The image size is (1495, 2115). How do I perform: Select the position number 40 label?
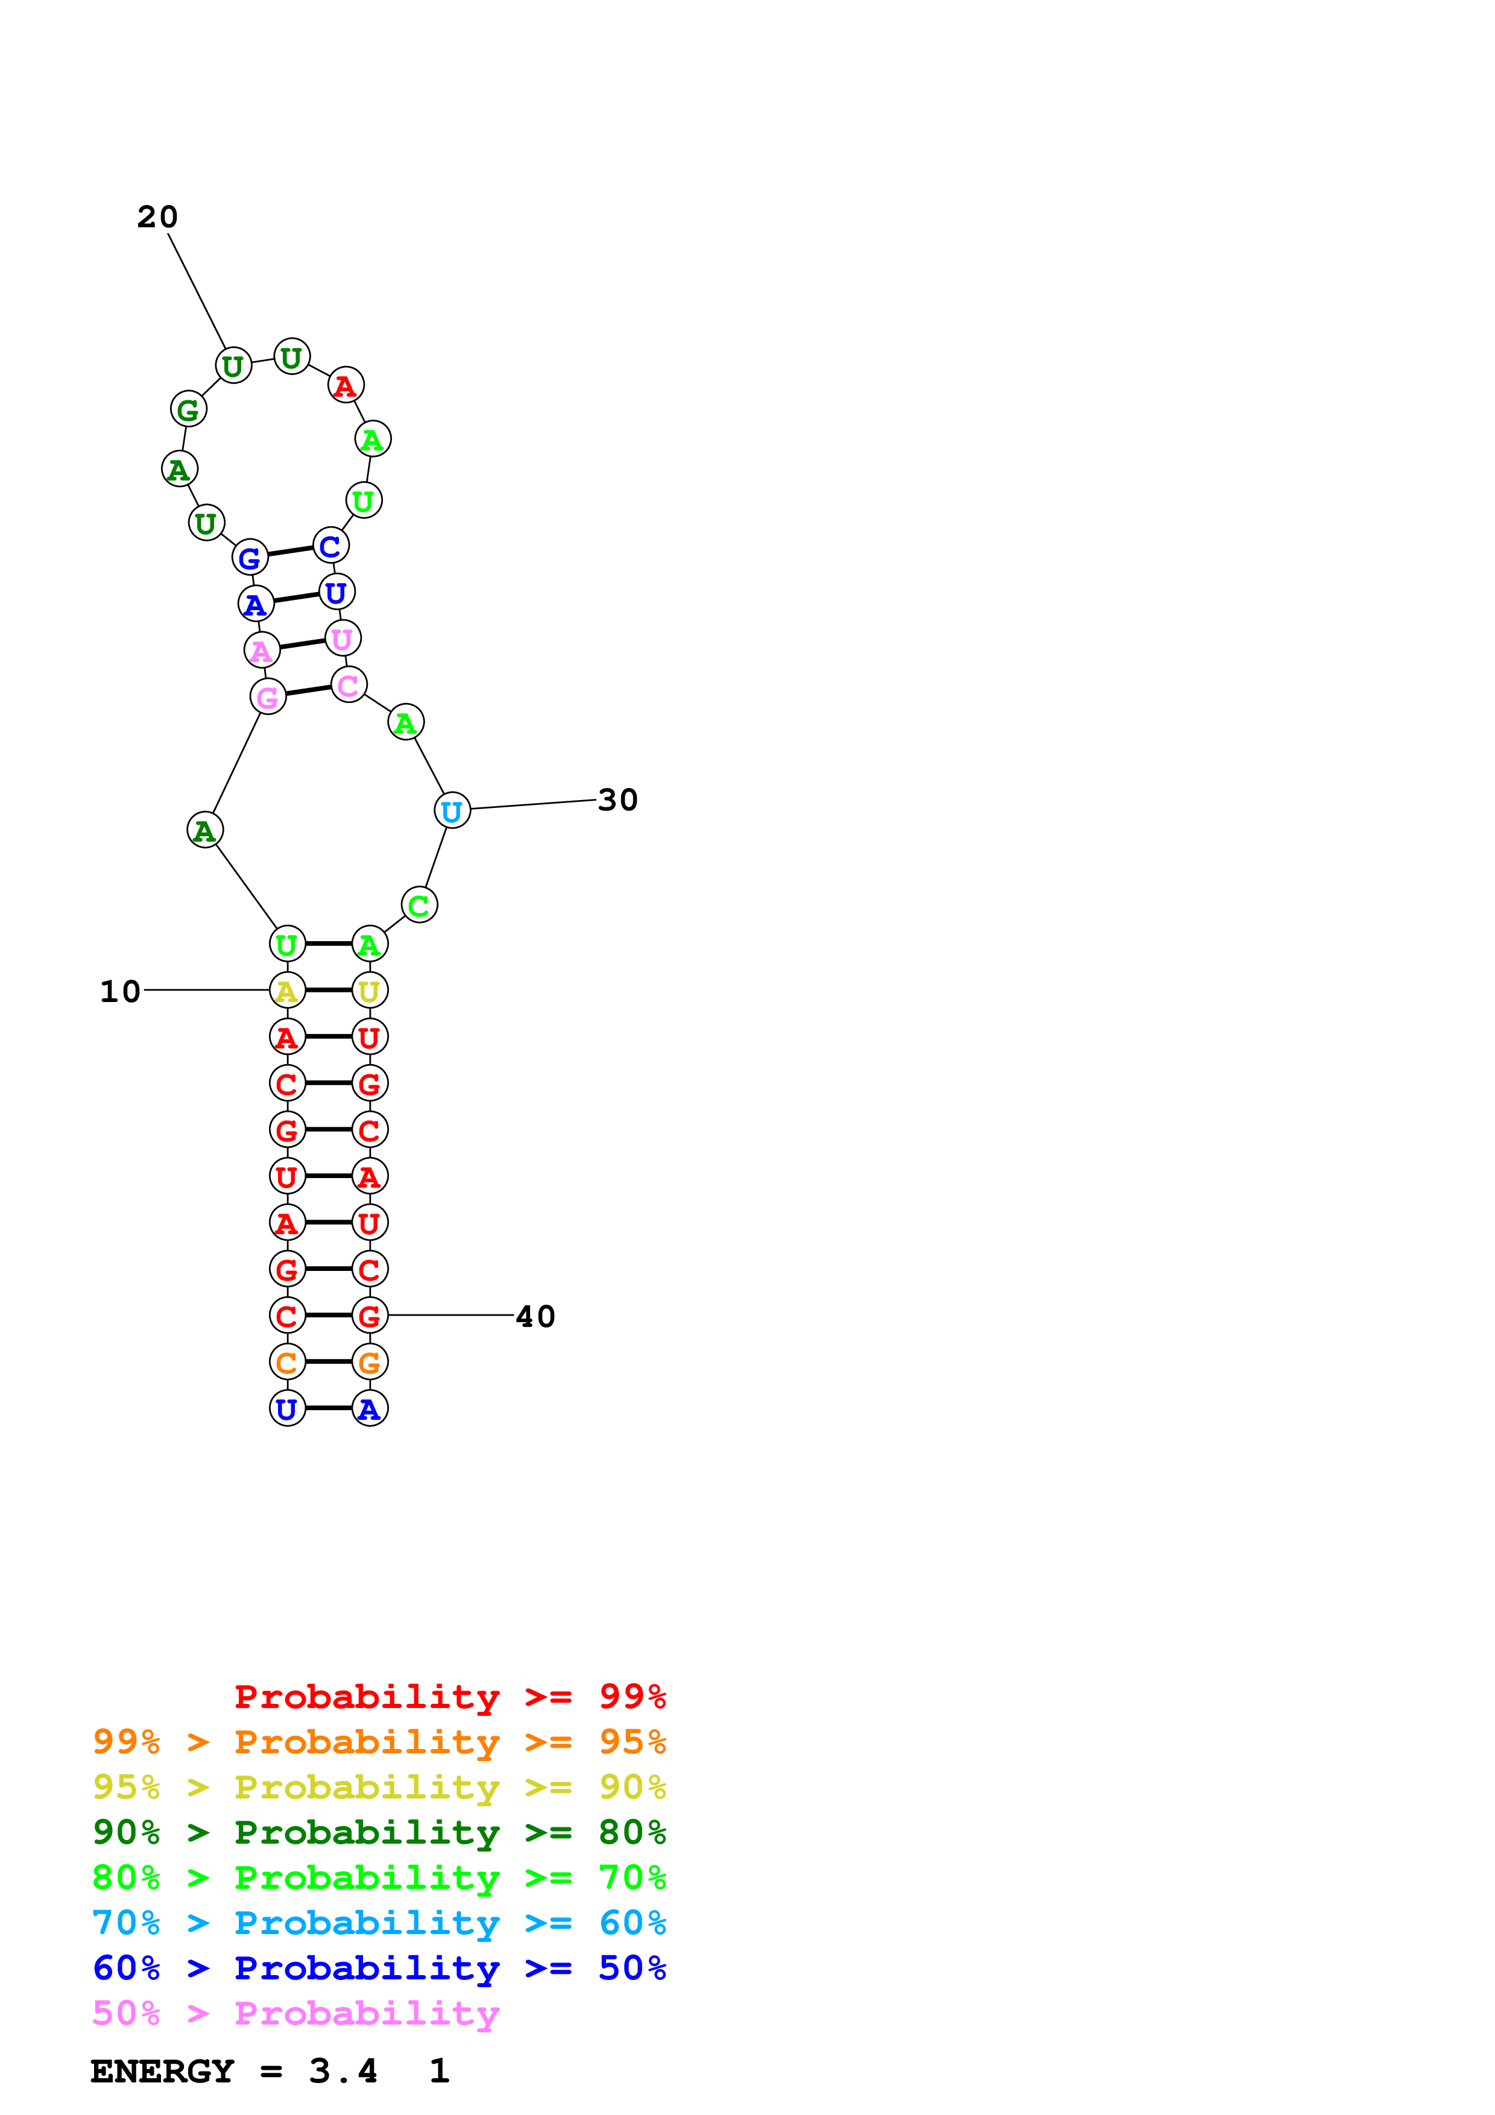click(535, 1317)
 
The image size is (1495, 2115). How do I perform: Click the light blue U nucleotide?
click(451, 812)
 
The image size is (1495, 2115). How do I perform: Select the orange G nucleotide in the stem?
click(369, 1363)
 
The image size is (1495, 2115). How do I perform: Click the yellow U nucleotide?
click(369, 991)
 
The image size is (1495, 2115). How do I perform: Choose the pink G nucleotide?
click(267, 698)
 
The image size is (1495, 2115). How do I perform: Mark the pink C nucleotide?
click(348, 686)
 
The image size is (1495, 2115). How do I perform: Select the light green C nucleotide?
click(419, 906)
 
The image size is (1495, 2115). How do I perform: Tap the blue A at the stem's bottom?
click(369, 1410)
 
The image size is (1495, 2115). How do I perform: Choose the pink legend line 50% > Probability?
click(296, 2014)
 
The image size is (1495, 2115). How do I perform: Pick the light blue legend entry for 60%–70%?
click(379, 1923)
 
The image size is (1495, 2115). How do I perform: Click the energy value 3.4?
click(343, 2072)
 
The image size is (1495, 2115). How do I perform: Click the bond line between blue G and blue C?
click(290, 551)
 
